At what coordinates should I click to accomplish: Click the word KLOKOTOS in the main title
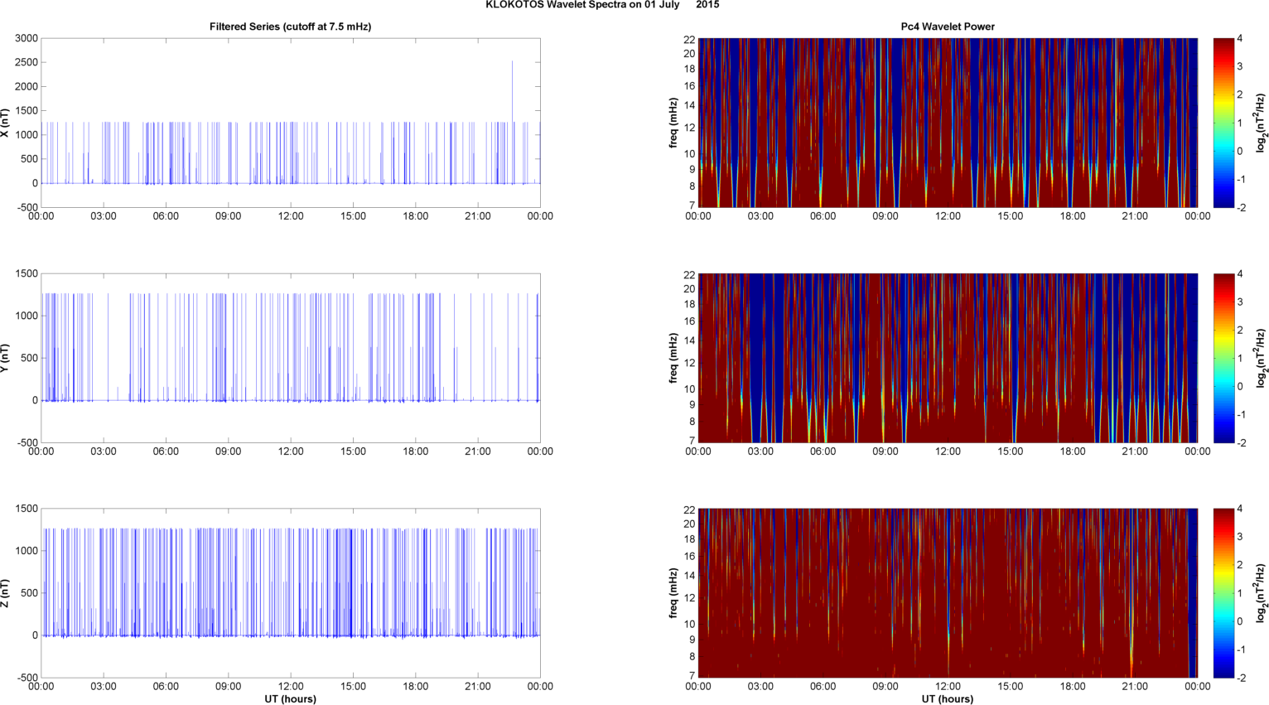click(x=513, y=5)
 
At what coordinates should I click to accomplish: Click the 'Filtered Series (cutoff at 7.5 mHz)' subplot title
click(x=290, y=27)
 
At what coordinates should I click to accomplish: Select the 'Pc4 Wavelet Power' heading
click(x=948, y=27)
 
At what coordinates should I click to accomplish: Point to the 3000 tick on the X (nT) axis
click(x=27, y=38)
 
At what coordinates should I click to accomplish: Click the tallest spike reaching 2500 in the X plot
click(x=512, y=63)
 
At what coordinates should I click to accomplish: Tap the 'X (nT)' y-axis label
click(x=6, y=123)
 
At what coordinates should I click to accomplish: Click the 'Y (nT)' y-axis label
click(x=6, y=358)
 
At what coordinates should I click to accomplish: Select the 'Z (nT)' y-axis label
click(x=6, y=593)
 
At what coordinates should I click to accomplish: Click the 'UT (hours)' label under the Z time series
click(x=290, y=698)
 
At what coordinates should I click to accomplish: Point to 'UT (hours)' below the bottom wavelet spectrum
click(x=948, y=698)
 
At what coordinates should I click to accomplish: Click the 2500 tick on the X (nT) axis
click(x=27, y=62)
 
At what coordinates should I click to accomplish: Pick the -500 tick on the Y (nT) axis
click(x=27, y=442)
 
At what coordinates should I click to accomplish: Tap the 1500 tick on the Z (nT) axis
click(x=27, y=509)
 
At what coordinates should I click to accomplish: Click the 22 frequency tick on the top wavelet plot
click(x=689, y=39)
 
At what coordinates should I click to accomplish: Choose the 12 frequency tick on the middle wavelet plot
click(x=689, y=363)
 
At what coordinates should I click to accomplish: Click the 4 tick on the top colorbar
click(x=1239, y=38)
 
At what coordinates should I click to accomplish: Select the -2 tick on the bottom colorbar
click(x=1241, y=677)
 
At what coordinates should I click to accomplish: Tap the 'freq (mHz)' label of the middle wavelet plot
click(x=674, y=358)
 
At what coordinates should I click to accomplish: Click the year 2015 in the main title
click(x=707, y=5)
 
